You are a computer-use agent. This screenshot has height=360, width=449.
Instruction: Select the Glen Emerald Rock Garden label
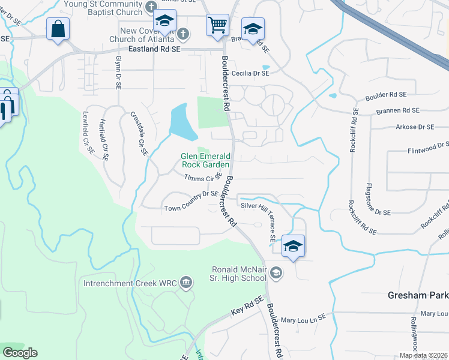click(x=205, y=160)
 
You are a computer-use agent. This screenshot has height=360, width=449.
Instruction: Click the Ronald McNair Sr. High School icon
click(x=276, y=274)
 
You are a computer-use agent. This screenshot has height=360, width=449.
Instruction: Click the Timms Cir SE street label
click(x=200, y=178)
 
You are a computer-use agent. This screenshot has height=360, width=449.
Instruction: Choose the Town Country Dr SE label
click(x=191, y=208)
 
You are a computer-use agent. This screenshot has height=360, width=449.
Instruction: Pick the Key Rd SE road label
click(x=247, y=307)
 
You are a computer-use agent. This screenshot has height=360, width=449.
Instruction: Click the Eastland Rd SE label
click(x=154, y=51)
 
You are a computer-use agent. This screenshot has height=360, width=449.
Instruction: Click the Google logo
click(x=20, y=353)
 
